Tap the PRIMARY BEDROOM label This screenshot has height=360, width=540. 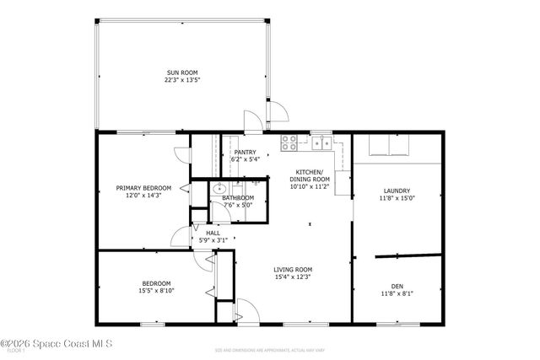(143, 188)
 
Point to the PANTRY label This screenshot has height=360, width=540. (245, 152)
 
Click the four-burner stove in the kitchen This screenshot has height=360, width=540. (289, 142)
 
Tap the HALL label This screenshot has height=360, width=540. (213, 233)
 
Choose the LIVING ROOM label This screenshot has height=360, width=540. (293, 269)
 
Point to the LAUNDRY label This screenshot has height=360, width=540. (396, 191)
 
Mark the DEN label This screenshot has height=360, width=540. (396, 286)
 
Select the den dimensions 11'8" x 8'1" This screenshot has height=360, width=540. (396, 293)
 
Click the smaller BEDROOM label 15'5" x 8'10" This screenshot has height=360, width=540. (156, 283)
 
